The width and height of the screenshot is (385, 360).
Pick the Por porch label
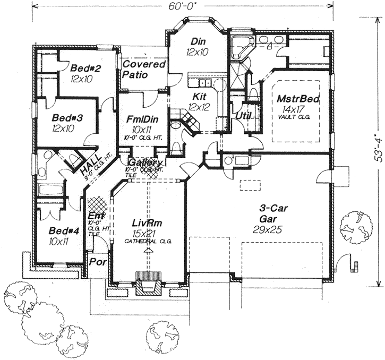(x=96, y=262)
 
